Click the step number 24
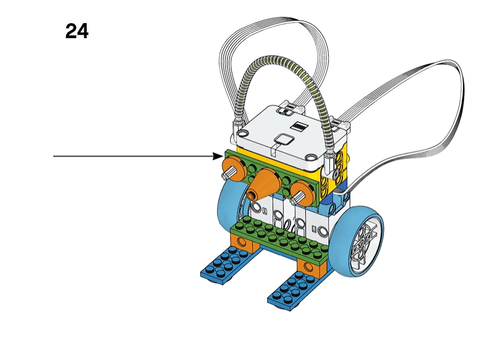click(77, 31)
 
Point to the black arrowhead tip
click(223, 156)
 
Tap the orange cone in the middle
click(264, 184)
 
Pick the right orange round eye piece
click(302, 192)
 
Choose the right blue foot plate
click(295, 290)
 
